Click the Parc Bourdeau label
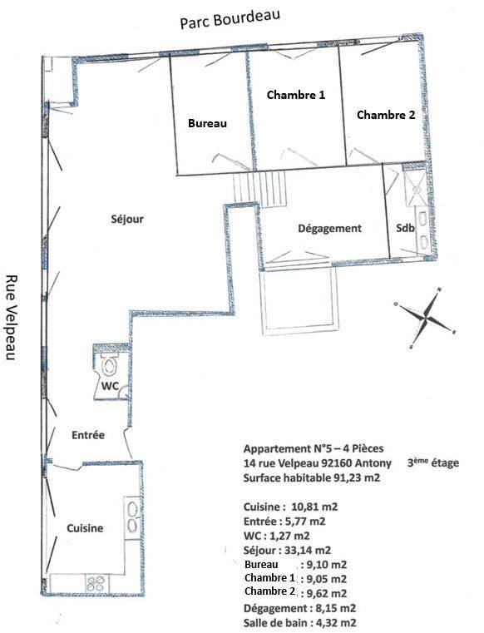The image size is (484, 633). point(230,19)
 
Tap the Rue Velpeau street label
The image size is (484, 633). point(12,318)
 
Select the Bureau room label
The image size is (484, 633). point(207,123)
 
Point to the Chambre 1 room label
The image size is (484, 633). point(296,95)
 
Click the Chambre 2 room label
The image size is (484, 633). point(386,115)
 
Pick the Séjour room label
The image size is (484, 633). point(127,220)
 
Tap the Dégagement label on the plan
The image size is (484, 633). point(330,229)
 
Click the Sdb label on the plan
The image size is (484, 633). point(405,228)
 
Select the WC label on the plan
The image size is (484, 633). point(110,386)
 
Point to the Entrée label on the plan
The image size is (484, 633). point(88,435)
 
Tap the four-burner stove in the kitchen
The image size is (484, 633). point(96,583)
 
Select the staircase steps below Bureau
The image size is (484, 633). point(260,189)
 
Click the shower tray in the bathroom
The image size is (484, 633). point(414,188)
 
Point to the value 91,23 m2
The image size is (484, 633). point(357,478)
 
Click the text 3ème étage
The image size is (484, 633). point(432,462)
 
